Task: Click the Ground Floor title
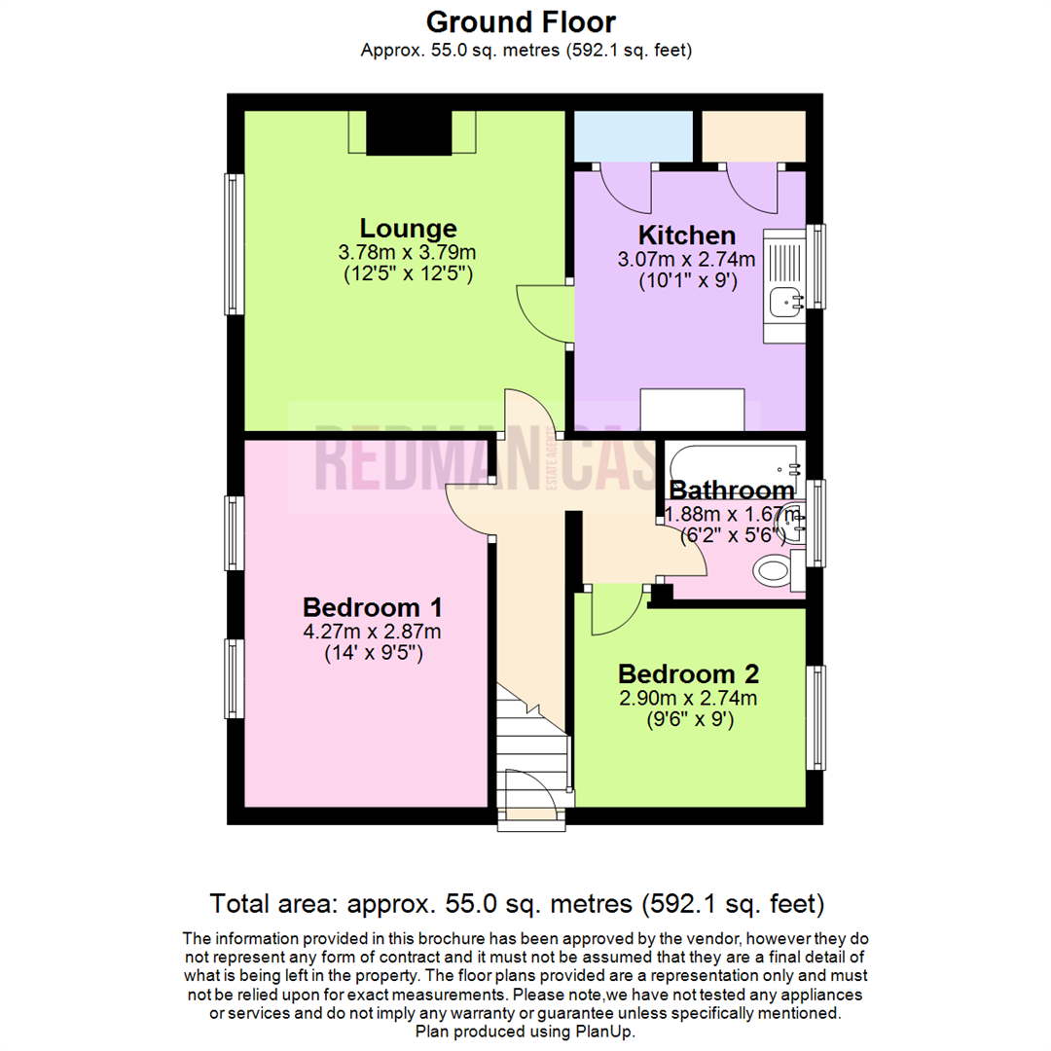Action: (522, 21)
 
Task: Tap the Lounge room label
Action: (408, 229)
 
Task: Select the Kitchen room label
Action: (686, 236)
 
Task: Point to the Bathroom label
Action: (732, 490)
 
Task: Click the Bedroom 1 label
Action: (374, 607)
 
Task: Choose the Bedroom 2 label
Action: (688, 673)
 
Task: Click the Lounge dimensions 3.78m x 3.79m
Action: (408, 252)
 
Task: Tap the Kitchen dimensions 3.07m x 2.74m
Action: (686, 260)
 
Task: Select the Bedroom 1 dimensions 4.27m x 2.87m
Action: (374, 631)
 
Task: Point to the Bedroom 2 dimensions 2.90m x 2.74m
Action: (688, 698)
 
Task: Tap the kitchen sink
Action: (784, 303)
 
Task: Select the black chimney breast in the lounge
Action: (409, 133)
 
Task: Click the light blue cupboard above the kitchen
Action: (633, 136)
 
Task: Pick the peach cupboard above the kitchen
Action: (753, 136)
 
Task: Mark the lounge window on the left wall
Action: (233, 243)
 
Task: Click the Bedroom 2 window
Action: (818, 717)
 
